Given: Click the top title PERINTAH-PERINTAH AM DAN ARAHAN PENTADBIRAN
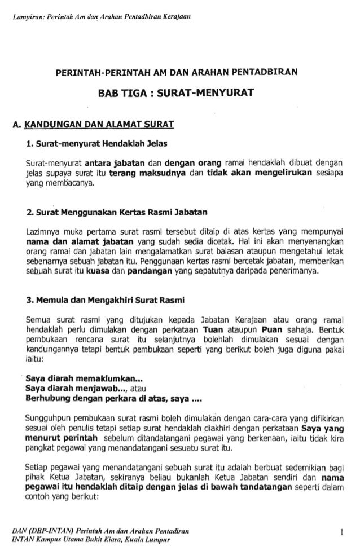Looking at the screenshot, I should click(x=178, y=72).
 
